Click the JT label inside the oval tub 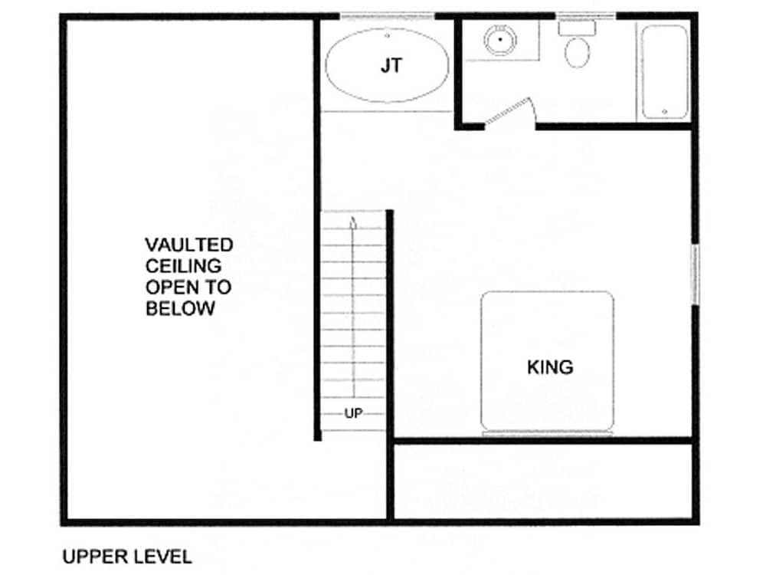point(391,65)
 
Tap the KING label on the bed point(550,367)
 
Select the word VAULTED point(189,245)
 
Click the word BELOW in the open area point(180,308)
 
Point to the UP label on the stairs point(354,414)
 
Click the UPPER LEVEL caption point(127,557)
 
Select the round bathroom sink point(500,40)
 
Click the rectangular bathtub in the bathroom point(664,72)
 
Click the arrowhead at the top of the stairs point(353,222)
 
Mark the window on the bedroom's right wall point(695,274)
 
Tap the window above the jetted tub point(387,17)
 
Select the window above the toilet point(586,16)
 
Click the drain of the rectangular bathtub point(664,112)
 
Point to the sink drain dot point(500,40)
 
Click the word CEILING point(183,266)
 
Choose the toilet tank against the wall point(578,28)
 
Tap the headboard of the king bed point(547,433)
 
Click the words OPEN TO point(188,287)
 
